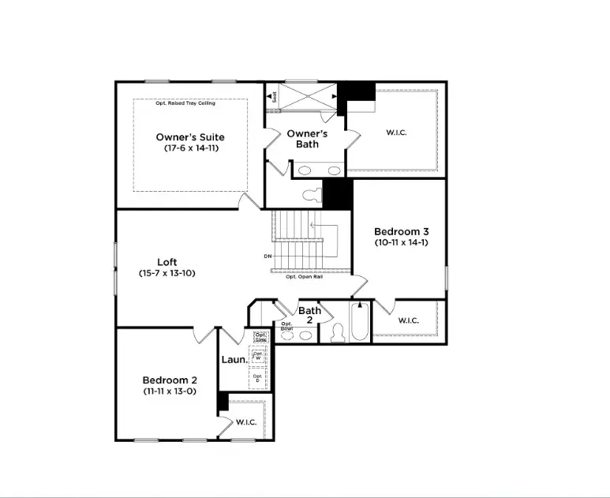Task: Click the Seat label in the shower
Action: [275, 97]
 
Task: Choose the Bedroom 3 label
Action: [401, 231]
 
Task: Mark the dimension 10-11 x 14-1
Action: [401, 242]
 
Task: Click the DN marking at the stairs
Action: [268, 256]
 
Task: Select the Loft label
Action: [167, 262]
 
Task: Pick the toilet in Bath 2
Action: [338, 333]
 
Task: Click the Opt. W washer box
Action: [257, 356]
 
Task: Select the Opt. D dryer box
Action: [257, 379]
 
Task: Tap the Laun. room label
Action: [234, 359]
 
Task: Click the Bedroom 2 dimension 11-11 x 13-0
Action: [169, 391]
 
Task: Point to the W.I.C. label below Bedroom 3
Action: [408, 320]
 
